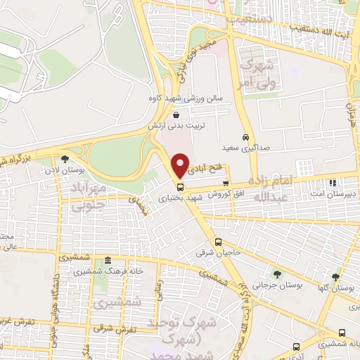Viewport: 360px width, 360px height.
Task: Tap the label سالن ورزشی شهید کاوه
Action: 185,99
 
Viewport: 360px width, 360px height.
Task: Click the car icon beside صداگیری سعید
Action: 245,137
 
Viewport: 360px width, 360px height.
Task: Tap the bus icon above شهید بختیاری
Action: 181,187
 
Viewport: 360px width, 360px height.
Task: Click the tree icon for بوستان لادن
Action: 65,159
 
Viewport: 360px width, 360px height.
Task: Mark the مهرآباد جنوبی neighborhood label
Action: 88,197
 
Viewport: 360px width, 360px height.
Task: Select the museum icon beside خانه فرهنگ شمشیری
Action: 108,260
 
